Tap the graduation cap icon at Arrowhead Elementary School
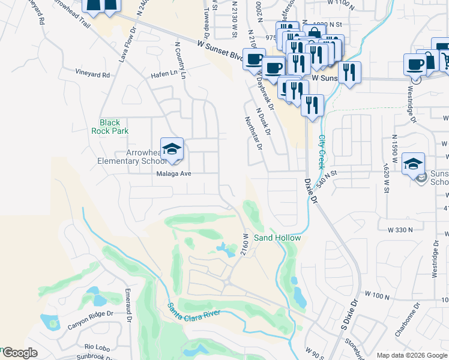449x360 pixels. [x=172, y=150]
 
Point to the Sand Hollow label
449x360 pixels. [x=277, y=238]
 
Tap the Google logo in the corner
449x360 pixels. [x=19, y=353]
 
